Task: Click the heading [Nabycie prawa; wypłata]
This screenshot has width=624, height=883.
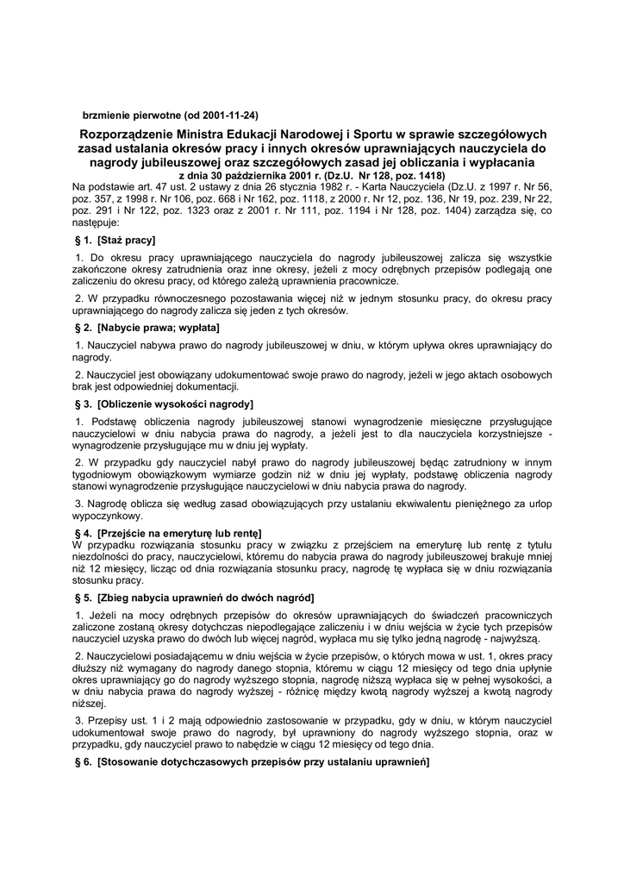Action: coord(159,329)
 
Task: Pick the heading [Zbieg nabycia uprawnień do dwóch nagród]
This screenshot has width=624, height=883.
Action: coord(206,598)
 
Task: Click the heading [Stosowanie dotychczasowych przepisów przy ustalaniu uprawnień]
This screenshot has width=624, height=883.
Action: coord(264,764)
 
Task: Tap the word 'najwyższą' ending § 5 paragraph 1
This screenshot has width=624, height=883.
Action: coord(514,639)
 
